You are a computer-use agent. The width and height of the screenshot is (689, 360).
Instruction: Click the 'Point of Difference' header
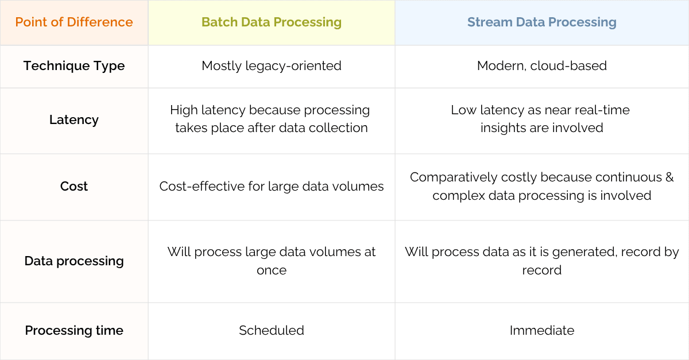tap(74, 22)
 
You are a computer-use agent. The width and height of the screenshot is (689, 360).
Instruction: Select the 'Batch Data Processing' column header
tap(272, 22)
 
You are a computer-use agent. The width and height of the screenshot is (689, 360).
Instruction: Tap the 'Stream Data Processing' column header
tap(541, 22)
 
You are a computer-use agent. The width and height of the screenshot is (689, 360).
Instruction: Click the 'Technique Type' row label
tap(74, 66)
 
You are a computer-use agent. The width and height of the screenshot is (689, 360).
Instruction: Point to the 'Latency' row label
tap(74, 120)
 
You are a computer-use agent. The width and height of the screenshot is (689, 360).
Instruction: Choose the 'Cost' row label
tap(74, 187)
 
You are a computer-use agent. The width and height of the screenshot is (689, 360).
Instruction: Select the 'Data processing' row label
tap(74, 261)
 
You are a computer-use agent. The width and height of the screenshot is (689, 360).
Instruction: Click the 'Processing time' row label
tap(74, 331)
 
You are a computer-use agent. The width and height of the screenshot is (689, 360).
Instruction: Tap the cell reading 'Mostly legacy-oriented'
tap(272, 66)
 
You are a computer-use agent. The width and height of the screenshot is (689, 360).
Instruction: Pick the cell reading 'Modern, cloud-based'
tap(541, 66)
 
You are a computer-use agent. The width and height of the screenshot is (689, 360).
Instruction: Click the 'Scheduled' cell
tap(272, 331)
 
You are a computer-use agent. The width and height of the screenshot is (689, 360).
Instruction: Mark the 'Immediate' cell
tap(541, 331)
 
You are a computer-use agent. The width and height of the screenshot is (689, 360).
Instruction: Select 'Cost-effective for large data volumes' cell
tap(272, 187)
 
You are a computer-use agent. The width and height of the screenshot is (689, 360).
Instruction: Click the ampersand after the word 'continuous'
tap(669, 177)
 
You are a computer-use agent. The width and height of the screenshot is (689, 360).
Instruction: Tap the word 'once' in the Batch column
tap(272, 270)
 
